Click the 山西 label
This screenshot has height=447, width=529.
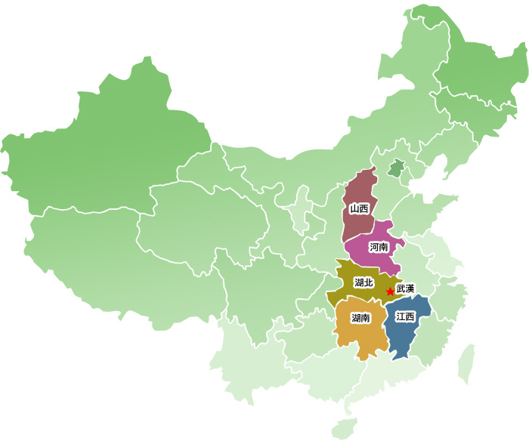point(359,208)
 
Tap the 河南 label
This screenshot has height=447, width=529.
point(379,247)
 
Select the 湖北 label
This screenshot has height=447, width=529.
point(363,283)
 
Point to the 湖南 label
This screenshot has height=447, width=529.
point(360,318)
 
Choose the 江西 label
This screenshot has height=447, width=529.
point(405,317)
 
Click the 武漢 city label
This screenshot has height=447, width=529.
point(406,288)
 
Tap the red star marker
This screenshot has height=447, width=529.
point(390,291)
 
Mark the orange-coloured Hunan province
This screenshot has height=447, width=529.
point(363,336)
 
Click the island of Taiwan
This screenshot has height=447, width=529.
point(466,362)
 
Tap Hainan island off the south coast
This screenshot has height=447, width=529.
point(344,428)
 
